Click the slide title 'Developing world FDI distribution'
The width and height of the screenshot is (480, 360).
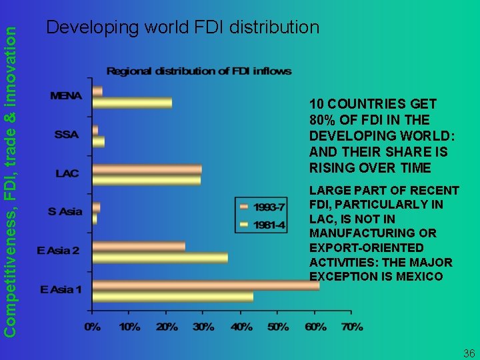(x=183, y=27)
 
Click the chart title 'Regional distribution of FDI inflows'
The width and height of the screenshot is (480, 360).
(x=199, y=71)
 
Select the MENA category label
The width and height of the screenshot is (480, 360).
(x=66, y=96)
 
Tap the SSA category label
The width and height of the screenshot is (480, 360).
(x=67, y=135)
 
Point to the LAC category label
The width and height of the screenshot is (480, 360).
(x=67, y=173)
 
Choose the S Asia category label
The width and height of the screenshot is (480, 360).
(x=65, y=212)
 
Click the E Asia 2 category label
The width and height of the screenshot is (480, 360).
(x=58, y=251)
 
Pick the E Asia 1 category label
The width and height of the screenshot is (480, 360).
(x=61, y=289)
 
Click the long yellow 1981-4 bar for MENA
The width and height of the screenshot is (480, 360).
(x=132, y=103)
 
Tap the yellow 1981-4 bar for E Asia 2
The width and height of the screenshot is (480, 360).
(x=160, y=257)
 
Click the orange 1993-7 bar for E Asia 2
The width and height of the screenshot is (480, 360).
(x=139, y=247)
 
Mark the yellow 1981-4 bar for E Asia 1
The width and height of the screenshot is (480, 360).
(x=173, y=296)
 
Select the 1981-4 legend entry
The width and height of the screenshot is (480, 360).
(x=261, y=225)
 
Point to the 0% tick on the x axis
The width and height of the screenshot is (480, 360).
(x=93, y=327)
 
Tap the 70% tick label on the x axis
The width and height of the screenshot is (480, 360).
(x=353, y=327)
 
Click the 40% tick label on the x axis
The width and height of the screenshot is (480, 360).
(x=241, y=327)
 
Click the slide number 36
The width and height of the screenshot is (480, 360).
(x=469, y=353)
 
